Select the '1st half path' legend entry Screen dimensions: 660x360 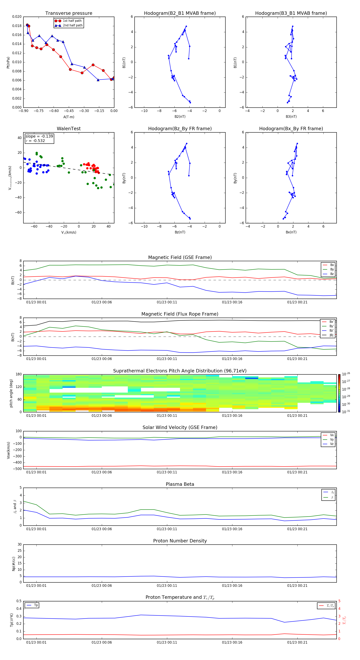tap(72, 21)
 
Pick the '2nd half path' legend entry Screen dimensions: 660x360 tap(73, 25)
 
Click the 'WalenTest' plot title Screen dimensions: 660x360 tap(69, 129)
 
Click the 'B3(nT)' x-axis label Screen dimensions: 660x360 tap(291, 117)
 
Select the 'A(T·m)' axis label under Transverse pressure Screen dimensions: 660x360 tap(69, 117)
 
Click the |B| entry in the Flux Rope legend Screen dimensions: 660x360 tap(331, 335)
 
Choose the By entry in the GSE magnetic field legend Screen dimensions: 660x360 tap(332, 269)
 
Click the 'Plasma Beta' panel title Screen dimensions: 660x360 tap(180, 484)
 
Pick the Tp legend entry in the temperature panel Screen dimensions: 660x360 tap(36, 605)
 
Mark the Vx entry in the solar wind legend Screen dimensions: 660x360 tap(332, 435)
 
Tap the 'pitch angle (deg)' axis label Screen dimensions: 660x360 tap(11, 393)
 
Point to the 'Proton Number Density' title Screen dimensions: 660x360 tap(180, 541)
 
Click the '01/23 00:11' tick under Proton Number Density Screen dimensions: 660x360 tap(167, 585)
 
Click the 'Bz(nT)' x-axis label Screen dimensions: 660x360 tap(180, 232)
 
